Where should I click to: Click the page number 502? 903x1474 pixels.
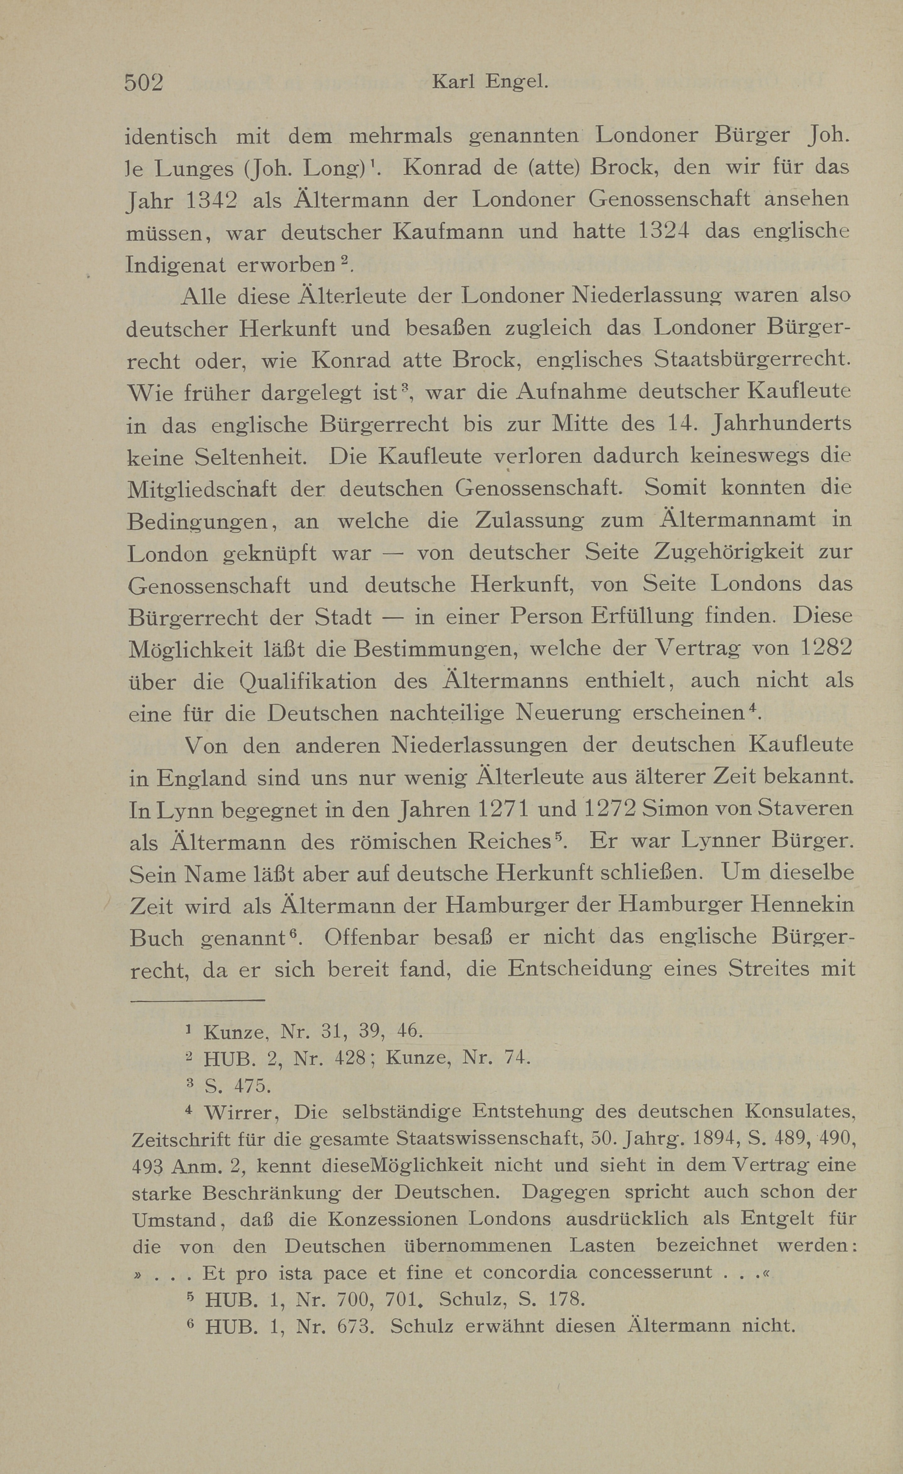[x=144, y=82]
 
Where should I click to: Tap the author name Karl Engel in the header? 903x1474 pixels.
[x=489, y=82]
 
